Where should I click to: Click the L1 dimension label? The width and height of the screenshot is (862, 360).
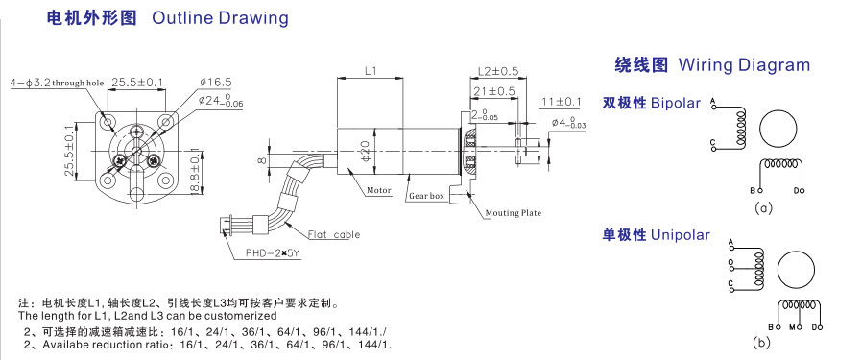[x=371, y=71]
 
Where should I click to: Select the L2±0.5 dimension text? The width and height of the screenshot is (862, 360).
[x=498, y=71]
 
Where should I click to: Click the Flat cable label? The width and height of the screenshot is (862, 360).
[x=334, y=234]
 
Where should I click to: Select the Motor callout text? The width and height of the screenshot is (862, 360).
[x=379, y=191]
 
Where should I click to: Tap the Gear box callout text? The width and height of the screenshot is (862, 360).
[x=426, y=196]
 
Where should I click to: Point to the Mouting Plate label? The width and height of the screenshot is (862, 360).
[x=514, y=213]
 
